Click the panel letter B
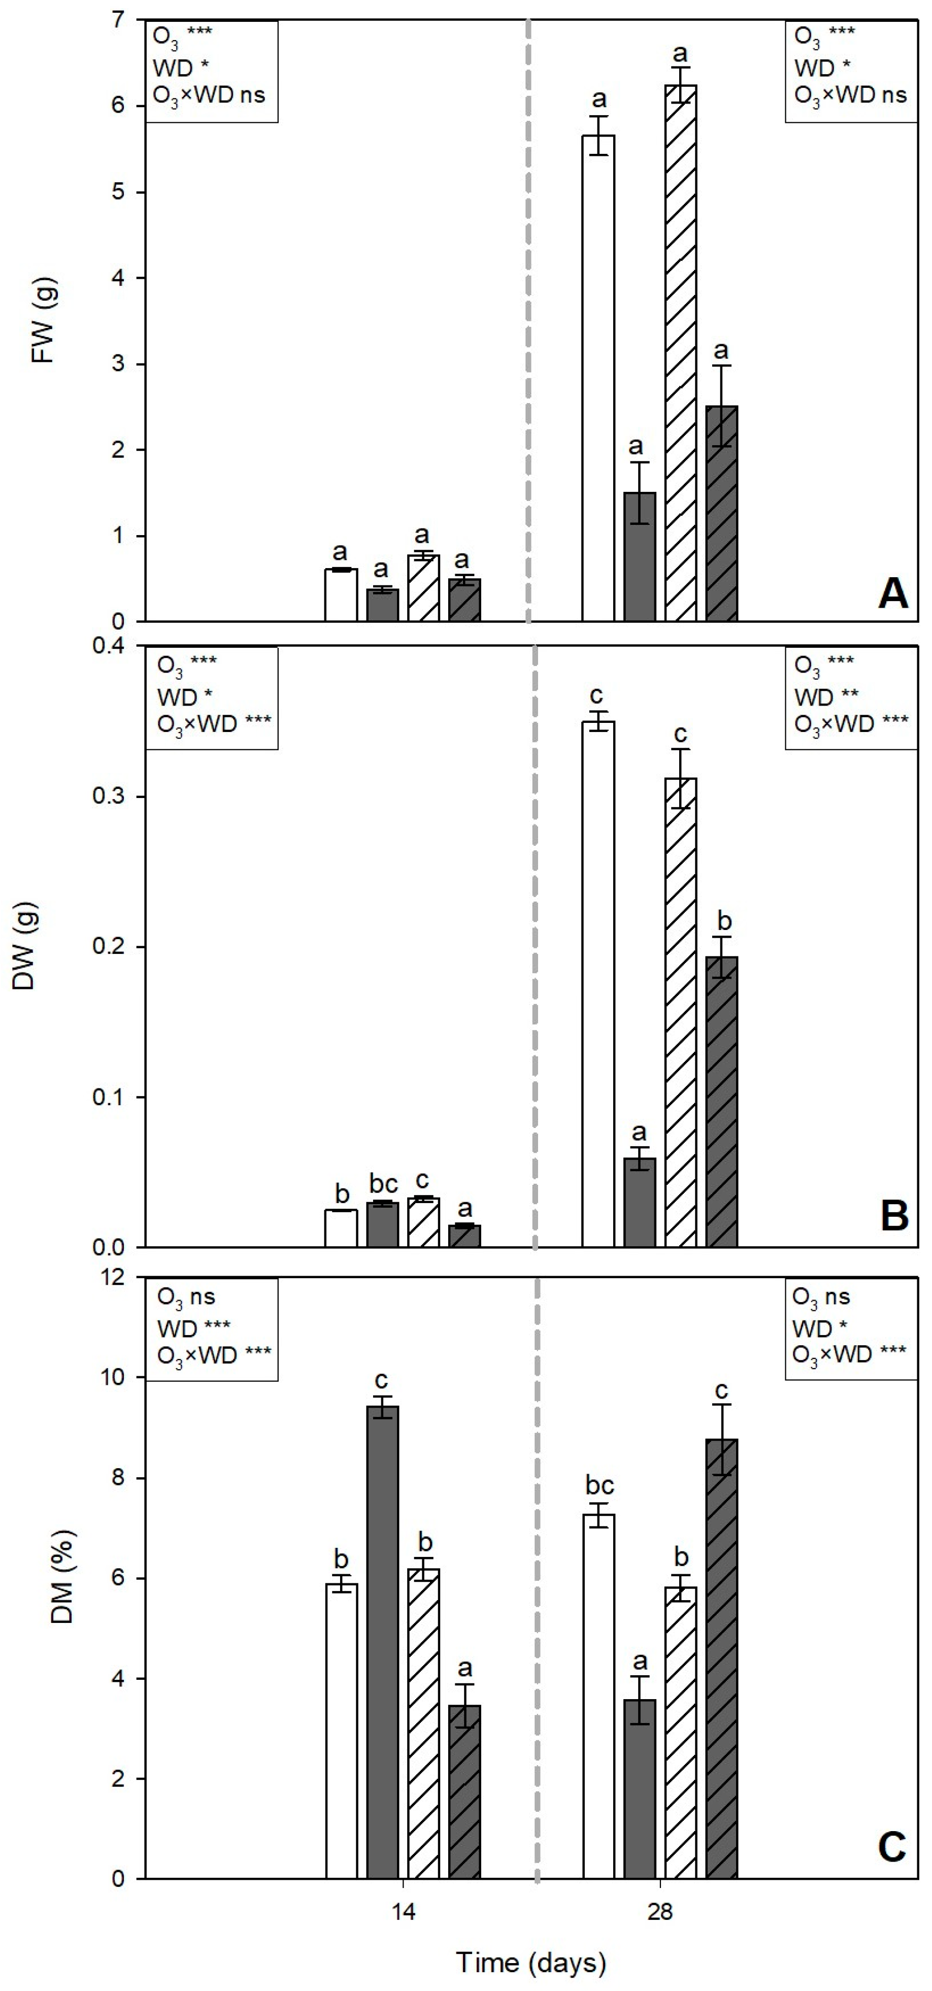coord(894,1216)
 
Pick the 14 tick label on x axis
coord(402,1912)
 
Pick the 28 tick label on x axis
coord(659,1912)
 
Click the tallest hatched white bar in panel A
coord(680,352)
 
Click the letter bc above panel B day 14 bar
coord(383,1184)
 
